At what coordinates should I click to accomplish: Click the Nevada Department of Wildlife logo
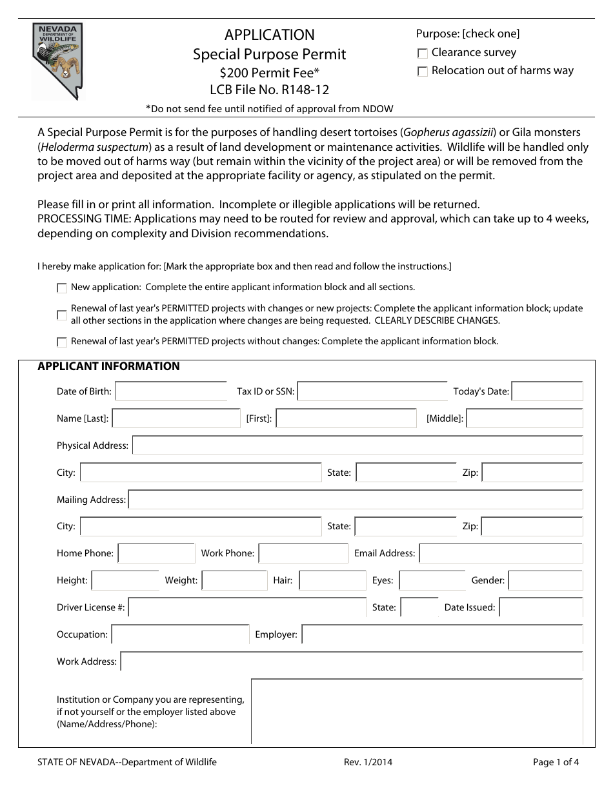point(58,62)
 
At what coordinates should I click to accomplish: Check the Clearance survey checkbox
point(423,54)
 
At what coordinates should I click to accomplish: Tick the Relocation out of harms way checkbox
point(423,72)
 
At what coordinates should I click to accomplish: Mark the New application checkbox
point(62,288)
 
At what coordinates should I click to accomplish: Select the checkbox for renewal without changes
point(62,342)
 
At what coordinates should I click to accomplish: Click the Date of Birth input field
point(170,391)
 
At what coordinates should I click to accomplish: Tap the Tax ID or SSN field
point(372,391)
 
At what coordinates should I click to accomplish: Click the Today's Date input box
point(547,391)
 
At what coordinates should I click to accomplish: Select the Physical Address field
point(357,445)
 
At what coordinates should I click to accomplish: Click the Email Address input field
point(501,553)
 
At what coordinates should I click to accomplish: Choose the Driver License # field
point(247,607)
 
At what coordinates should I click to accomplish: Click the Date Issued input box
point(541,607)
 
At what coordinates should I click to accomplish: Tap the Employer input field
point(442,634)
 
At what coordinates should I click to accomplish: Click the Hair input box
point(332,580)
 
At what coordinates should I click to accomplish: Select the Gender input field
point(545,580)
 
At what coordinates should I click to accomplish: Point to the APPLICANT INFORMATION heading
point(108,367)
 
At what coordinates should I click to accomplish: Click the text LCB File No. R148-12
point(269,90)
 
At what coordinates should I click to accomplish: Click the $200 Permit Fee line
point(269,73)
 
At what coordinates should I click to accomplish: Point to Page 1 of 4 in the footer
point(556,762)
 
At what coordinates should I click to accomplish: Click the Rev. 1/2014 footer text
point(368,762)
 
